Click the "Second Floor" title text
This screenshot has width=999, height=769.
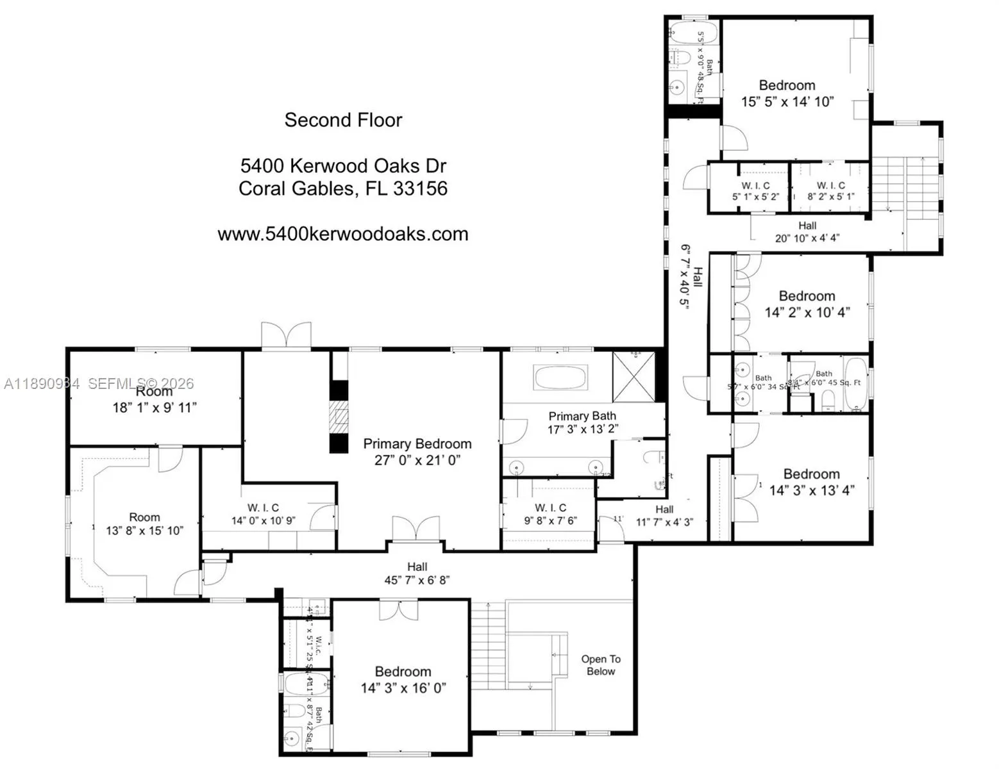pos(343,120)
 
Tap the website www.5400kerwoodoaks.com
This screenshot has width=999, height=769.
pos(343,234)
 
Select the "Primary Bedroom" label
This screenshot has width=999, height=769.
pos(417,444)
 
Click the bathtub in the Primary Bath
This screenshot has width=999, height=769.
pos(560,377)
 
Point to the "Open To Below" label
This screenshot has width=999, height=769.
pos(600,665)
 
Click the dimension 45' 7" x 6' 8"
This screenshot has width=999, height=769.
pos(417,581)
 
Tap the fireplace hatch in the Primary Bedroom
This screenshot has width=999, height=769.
pos(339,418)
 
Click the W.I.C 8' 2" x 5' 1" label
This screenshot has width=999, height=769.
pos(830,191)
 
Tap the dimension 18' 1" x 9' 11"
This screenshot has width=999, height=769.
pos(155,408)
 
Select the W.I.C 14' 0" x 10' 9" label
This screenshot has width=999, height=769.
pos(263,514)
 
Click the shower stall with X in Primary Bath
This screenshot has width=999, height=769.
pos(634,377)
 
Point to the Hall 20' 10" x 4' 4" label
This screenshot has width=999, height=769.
pos(807,231)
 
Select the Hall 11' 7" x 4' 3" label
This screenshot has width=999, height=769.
pos(664,516)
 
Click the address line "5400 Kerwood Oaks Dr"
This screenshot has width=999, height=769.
pos(343,166)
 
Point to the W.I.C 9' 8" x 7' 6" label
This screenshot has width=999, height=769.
pos(550,514)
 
